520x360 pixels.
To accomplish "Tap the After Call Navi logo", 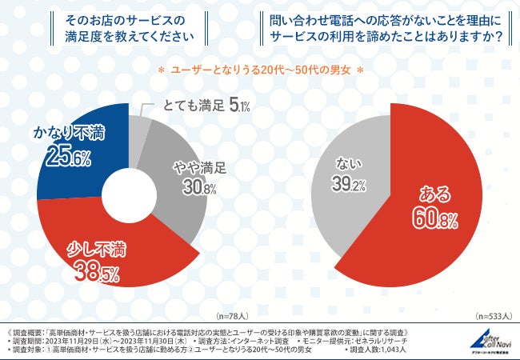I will click(487, 341).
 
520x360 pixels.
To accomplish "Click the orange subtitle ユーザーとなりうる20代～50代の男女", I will click(260, 70).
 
